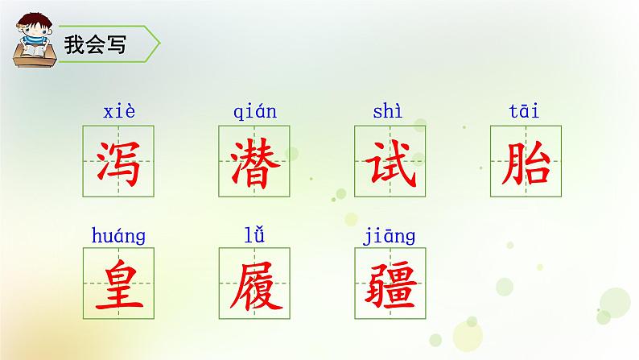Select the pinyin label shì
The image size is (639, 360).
pyautogui.click(x=387, y=112)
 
